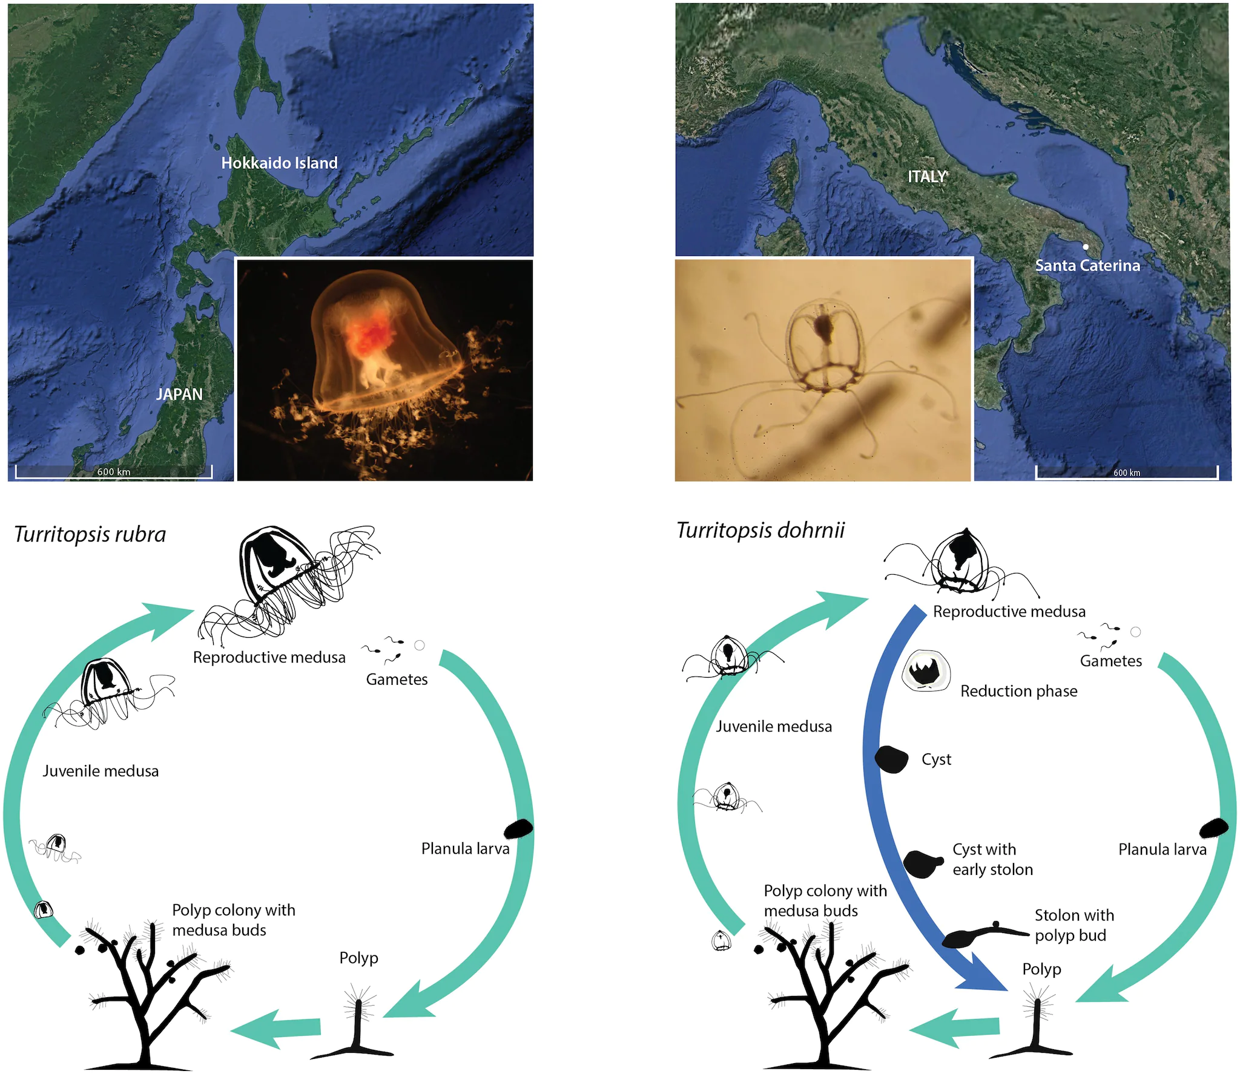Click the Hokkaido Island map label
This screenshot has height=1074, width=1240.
tap(279, 163)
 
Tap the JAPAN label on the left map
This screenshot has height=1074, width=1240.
tap(179, 394)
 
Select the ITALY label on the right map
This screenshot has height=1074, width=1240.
tap(927, 177)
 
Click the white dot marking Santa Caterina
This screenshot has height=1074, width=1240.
tap(1086, 247)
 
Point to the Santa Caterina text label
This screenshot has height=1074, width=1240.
tap(1087, 266)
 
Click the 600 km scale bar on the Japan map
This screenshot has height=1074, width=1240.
tap(114, 471)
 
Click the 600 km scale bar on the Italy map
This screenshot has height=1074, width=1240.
tap(1127, 472)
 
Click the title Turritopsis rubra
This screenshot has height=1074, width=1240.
tap(90, 534)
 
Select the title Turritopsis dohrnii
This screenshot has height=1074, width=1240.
tap(760, 530)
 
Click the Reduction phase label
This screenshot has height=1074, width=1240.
tap(1019, 691)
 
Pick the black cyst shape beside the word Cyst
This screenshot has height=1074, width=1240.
tap(892, 759)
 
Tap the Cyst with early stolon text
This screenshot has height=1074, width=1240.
tap(993, 859)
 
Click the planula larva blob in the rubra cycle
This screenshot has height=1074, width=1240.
tap(518, 828)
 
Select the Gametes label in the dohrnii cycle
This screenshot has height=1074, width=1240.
tap(1111, 661)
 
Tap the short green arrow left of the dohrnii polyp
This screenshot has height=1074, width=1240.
tap(954, 1027)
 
